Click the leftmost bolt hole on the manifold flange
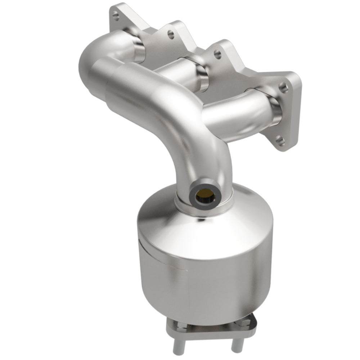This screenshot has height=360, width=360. [115, 15]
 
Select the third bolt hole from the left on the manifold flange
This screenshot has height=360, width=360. [217, 55]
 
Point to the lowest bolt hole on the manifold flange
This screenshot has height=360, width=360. [282, 139]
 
